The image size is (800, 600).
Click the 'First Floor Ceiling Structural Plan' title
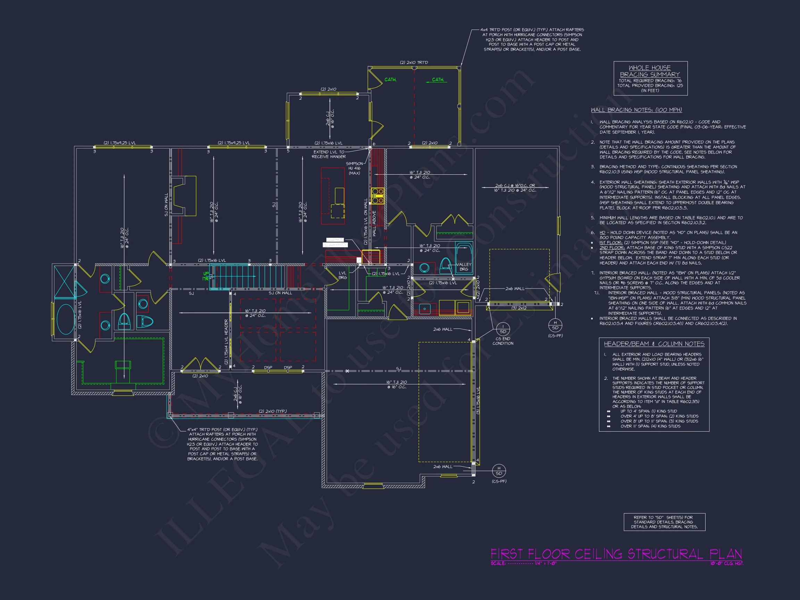click(616, 554)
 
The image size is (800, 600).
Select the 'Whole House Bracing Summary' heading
click(650, 71)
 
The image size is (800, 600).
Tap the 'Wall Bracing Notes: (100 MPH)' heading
click(636, 110)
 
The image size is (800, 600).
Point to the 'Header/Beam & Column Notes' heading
click(654, 344)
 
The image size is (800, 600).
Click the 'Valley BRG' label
click(464, 267)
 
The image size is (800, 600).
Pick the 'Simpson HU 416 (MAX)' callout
click(355, 168)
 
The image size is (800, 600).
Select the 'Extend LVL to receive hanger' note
click(329, 155)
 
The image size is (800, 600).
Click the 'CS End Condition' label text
click(503, 341)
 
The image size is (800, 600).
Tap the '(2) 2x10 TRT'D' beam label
click(414, 62)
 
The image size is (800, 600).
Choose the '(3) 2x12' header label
click(519, 308)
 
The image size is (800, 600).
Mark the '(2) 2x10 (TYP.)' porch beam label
click(272, 411)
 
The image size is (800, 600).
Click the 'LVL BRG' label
click(342, 275)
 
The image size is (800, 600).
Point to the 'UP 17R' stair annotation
click(206, 276)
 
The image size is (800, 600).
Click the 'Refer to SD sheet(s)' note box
click(664, 522)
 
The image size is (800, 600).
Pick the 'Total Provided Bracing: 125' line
click(650, 86)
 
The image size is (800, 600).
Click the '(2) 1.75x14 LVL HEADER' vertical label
click(226, 341)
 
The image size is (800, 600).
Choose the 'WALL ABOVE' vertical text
click(374, 223)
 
